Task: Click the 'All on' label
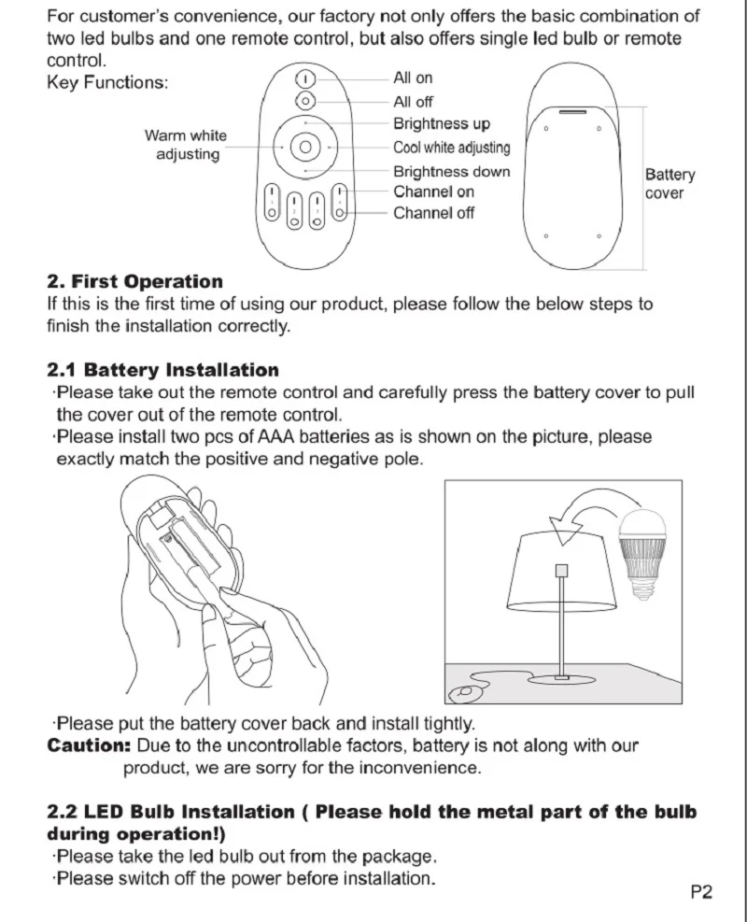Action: pyautogui.click(x=413, y=78)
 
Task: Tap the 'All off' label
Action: pyautogui.click(x=413, y=102)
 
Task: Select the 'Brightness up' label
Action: pyautogui.click(x=441, y=124)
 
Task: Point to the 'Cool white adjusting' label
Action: pyautogui.click(x=451, y=148)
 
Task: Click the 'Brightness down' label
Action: pyautogui.click(x=451, y=172)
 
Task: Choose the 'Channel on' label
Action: pyautogui.click(x=433, y=192)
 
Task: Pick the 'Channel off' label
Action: pyautogui.click(x=433, y=213)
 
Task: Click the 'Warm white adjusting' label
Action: pyautogui.click(x=186, y=145)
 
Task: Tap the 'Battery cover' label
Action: pyautogui.click(x=669, y=184)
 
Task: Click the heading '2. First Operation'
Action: pyautogui.click(x=135, y=282)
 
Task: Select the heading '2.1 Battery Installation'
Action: pyautogui.click(x=163, y=371)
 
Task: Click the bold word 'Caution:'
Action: pyautogui.click(x=89, y=746)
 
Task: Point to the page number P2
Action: pyautogui.click(x=700, y=891)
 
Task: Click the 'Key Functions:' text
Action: pyautogui.click(x=107, y=83)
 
